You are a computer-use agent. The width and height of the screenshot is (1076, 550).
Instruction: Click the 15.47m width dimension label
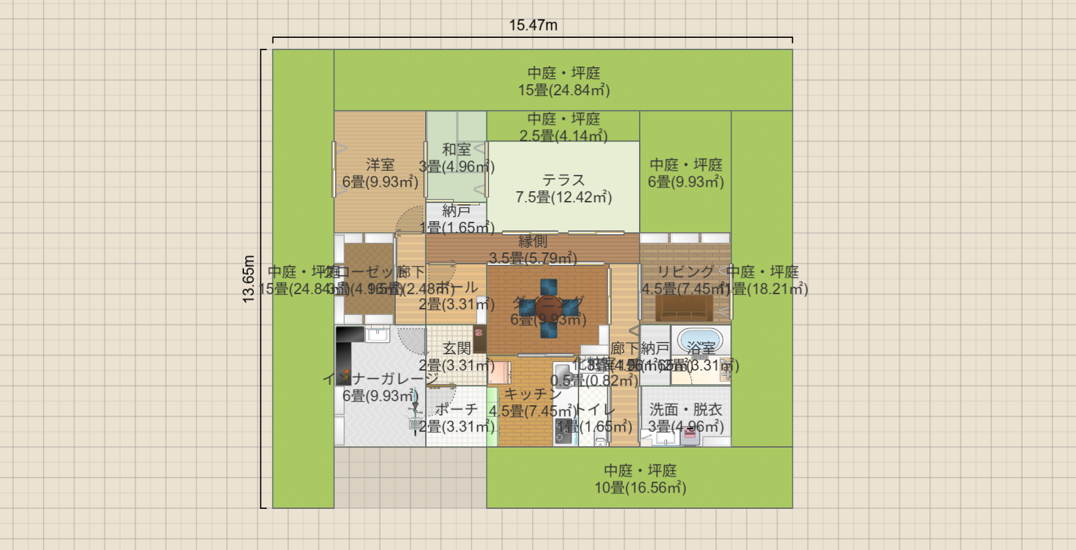[533, 25]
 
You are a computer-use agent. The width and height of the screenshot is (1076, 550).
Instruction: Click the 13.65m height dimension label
[249, 279]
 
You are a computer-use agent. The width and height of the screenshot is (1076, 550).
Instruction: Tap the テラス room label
[563, 180]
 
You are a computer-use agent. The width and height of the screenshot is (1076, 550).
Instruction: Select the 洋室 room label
[380, 165]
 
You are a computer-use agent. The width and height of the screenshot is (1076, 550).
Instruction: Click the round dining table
[548, 307]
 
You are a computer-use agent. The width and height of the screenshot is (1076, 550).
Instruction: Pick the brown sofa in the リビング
[684, 308]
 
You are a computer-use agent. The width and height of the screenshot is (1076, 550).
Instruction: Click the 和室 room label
[456, 149]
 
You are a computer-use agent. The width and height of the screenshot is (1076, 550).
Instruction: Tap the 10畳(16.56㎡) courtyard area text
[640, 487]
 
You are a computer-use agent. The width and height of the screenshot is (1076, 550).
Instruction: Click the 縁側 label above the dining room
[533, 242]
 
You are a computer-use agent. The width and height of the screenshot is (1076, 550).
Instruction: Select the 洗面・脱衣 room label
[685, 410]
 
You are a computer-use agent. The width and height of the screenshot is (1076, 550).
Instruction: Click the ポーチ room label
[456, 410]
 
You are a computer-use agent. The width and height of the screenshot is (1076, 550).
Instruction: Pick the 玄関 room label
[456, 348]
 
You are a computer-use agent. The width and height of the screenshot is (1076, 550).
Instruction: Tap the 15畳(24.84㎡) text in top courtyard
[563, 90]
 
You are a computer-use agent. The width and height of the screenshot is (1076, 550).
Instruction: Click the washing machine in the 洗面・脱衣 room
[689, 436]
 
